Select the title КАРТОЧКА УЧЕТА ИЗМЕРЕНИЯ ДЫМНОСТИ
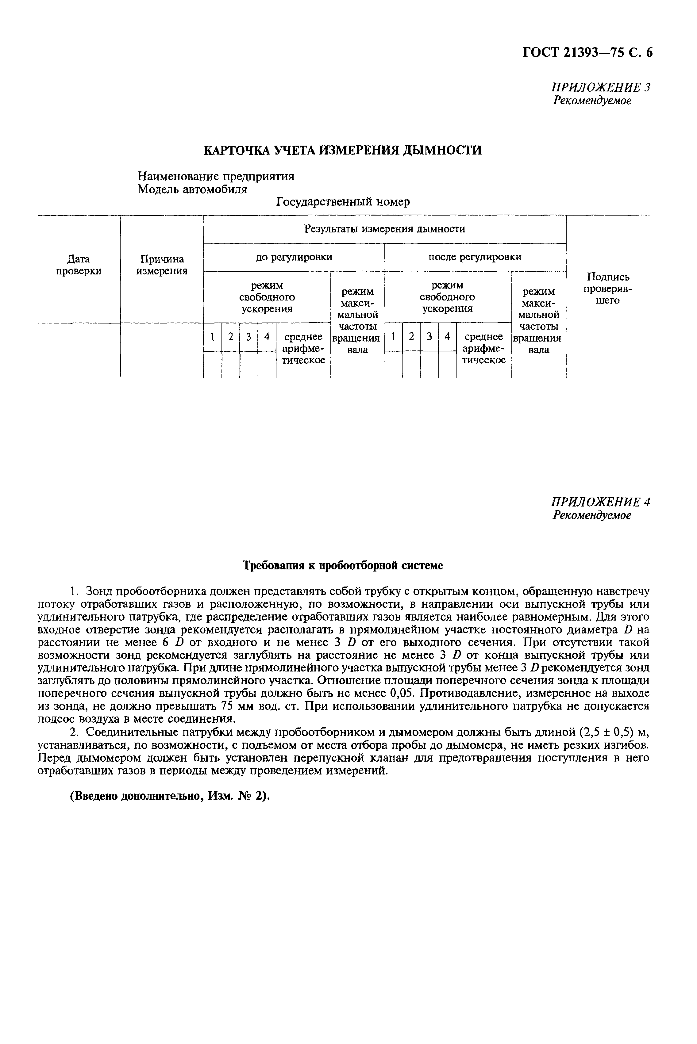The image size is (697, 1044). point(342,150)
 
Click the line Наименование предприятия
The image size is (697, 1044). point(216,176)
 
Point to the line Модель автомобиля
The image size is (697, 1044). point(192,189)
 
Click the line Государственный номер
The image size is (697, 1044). point(343,202)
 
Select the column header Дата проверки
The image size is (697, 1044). point(79,265)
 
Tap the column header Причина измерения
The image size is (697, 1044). point(162,265)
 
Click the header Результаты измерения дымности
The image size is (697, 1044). point(384,229)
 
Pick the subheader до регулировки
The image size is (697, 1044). point(294,257)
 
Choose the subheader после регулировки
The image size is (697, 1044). point(475,257)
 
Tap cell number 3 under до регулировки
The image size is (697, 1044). point(249,337)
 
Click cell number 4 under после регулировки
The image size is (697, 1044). point(447,337)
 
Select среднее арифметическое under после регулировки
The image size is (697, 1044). point(484,348)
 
